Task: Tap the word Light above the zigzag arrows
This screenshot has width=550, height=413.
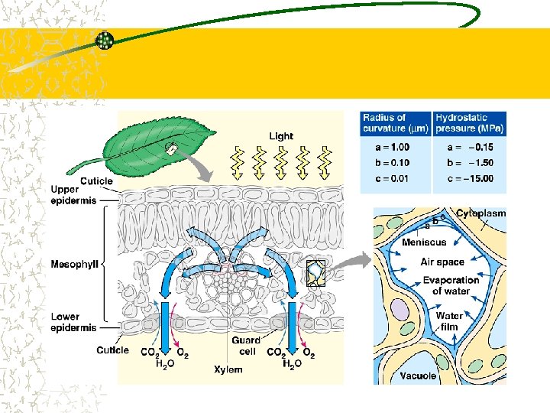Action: tap(280, 136)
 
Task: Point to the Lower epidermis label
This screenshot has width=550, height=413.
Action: tap(73, 322)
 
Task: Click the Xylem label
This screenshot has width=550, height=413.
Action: tap(228, 369)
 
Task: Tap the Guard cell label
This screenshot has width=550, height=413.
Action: tap(246, 345)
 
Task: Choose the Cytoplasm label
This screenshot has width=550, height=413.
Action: tap(481, 213)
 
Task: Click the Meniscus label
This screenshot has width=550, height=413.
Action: tap(424, 242)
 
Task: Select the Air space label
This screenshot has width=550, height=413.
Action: tap(442, 262)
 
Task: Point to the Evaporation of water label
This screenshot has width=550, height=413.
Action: tap(451, 285)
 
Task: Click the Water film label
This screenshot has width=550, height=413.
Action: tap(448, 321)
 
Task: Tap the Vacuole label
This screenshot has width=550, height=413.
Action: tap(418, 376)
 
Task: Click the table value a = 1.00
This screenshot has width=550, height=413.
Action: tap(386, 147)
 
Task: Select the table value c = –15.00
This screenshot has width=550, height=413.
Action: tap(469, 179)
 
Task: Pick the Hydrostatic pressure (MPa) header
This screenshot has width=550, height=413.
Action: tap(469, 123)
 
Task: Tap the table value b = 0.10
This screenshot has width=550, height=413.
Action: tap(386, 163)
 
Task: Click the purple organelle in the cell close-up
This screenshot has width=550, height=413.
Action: tap(400, 310)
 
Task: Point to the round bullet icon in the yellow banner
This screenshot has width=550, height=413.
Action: tap(105, 41)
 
